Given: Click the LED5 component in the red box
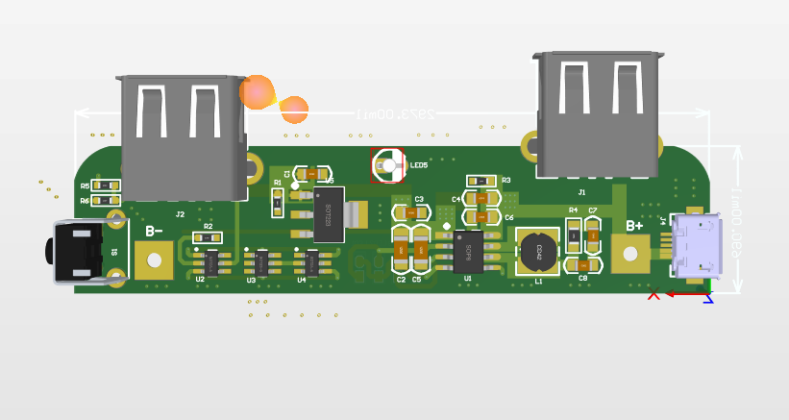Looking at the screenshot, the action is click(388, 164).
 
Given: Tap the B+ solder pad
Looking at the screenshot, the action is click(629, 255).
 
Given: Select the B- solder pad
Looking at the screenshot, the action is click(154, 259).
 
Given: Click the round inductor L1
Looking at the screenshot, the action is click(538, 252).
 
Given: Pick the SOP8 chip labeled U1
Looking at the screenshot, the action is click(469, 252).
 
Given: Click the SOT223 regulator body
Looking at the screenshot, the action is click(328, 214).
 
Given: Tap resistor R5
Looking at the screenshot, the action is click(107, 186).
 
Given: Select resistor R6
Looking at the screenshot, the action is click(107, 201).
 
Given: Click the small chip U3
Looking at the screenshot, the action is click(260, 260).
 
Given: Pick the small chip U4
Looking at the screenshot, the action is click(311, 260).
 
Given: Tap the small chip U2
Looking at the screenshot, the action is click(210, 261).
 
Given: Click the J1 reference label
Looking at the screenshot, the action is click(581, 193).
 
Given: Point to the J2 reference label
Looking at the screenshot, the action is click(180, 214).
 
